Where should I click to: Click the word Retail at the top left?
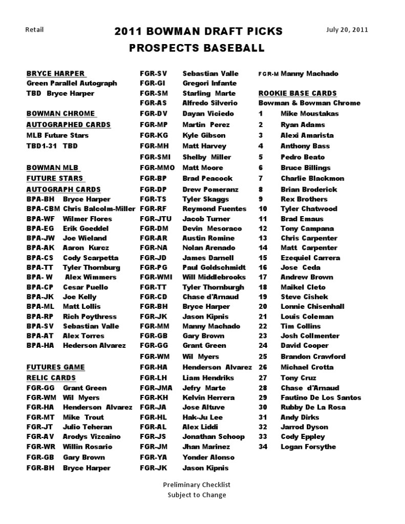pos(34,29)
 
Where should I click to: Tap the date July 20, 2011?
pos(347,29)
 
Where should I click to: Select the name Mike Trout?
pos(83,417)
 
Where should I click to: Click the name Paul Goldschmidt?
pos(214,267)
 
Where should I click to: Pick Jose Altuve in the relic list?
pos(204,407)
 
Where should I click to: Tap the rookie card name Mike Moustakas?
pos(309,113)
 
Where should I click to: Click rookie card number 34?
pos(263,447)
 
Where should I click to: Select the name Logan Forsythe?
pos(308,447)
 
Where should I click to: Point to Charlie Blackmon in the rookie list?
pos(312,178)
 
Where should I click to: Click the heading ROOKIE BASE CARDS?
pos(297,93)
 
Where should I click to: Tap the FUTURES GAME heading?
pos(55,367)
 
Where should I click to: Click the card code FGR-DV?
pos(154,113)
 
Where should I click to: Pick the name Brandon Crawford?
pos(313,357)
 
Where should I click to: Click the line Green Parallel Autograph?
pos(72,83)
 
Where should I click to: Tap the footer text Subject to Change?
pos(197,495)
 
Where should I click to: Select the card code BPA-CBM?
pos(43,208)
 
